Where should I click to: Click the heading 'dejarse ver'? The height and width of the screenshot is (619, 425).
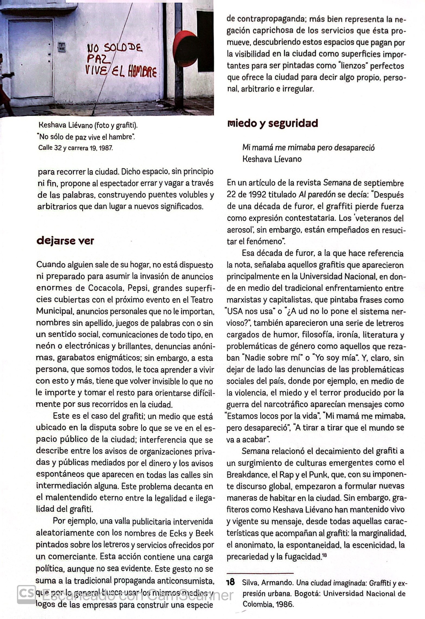point(65,241)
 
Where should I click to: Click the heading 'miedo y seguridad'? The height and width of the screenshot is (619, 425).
point(272,123)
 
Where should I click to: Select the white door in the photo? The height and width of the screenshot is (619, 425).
point(30,58)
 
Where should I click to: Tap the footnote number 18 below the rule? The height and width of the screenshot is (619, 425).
point(230,582)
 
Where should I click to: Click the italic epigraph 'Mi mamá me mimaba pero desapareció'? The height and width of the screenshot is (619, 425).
point(308,147)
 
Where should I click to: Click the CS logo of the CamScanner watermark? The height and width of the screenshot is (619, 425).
point(26,595)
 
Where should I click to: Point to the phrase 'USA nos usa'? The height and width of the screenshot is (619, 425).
point(249,311)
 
